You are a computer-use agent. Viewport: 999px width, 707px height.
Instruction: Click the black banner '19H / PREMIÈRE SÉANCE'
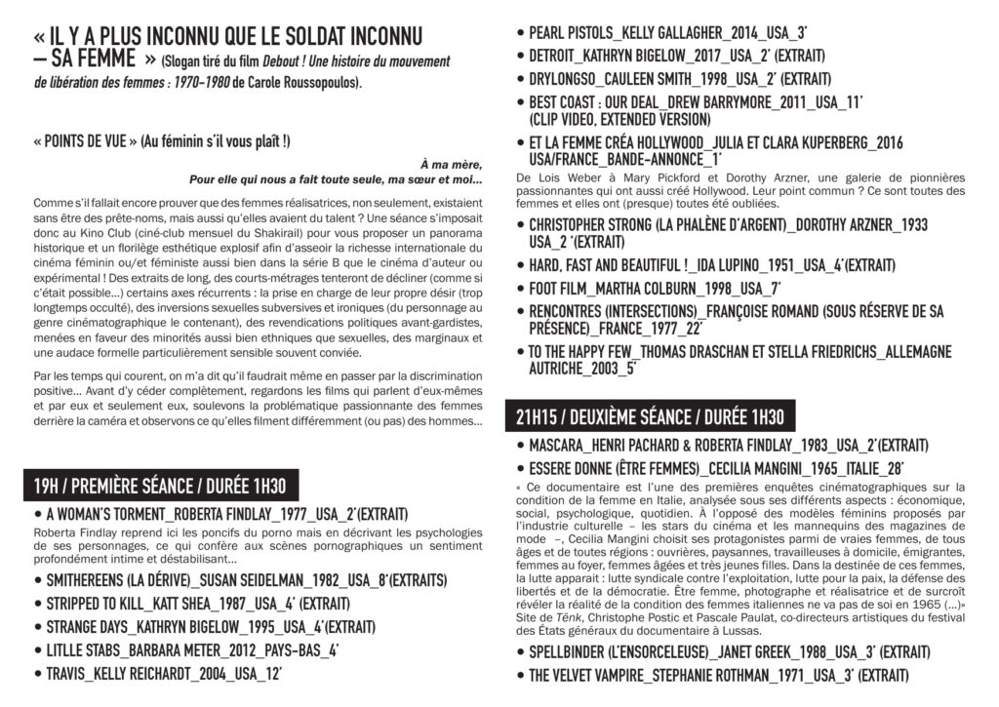[161, 485]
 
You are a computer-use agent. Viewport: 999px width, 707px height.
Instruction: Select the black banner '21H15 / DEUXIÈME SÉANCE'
[650, 417]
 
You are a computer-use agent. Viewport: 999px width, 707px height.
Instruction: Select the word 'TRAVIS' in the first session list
[70, 672]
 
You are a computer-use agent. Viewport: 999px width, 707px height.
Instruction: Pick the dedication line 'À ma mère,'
[451, 163]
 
